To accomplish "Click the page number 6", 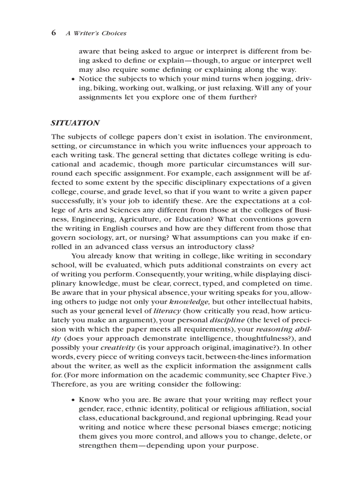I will pyautogui.click(x=53, y=33).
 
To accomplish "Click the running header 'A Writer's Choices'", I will pyautogui.click(x=96, y=33).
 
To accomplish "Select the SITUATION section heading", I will pyautogui.click(x=75, y=123).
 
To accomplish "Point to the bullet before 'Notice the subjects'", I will pyautogui.click(x=73, y=79).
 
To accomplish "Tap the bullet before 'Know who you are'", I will pyautogui.click(x=73, y=400).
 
